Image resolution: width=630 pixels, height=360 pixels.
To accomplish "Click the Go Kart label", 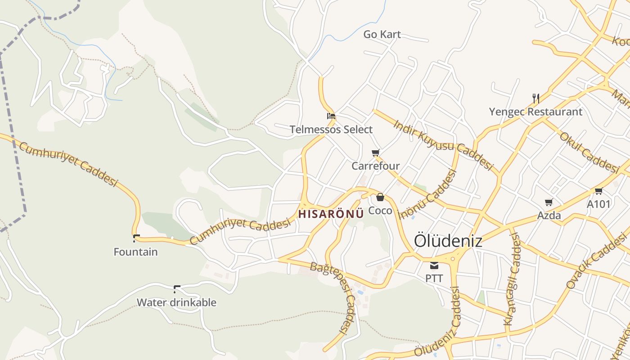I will (x=382, y=34).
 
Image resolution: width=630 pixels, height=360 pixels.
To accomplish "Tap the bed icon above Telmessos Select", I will (x=331, y=116).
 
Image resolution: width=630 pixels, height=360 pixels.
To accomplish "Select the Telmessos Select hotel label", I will (x=331, y=130).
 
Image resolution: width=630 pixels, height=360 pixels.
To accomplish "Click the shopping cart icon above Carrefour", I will (x=376, y=153).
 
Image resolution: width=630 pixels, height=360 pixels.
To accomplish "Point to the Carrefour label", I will (x=376, y=166).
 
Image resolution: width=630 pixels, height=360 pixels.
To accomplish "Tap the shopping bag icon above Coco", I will (x=380, y=197).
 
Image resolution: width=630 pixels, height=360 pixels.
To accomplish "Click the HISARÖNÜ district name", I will (x=331, y=214).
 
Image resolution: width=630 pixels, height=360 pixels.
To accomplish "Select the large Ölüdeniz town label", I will (x=448, y=240).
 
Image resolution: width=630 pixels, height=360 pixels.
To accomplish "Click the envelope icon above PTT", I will (x=434, y=265).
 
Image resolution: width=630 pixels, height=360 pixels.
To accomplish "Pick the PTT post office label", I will (x=434, y=279).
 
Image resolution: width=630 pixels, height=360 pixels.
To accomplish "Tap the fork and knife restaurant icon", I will (x=535, y=98).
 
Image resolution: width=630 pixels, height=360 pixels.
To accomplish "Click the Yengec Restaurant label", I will (x=535, y=112).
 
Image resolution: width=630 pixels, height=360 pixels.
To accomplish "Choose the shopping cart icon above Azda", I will (x=549, y=202).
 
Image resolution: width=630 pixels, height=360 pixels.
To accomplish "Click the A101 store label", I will (x=598, y=204).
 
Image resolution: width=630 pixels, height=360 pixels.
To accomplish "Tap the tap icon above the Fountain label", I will (x=136, y=238).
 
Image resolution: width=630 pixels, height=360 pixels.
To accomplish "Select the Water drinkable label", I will (x=176, y=302).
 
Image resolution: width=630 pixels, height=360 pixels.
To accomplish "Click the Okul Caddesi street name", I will (x=589, y=153).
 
